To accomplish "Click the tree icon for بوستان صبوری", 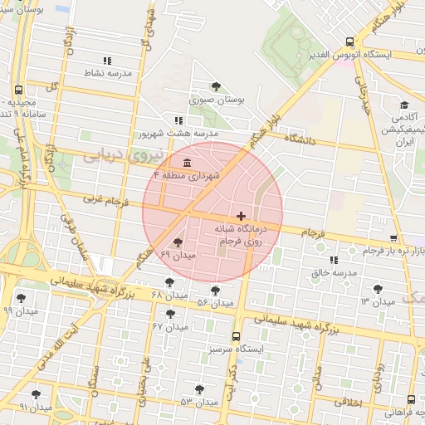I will (216, 86).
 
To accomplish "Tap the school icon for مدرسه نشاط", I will (106, 61).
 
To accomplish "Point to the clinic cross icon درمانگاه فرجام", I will (242, 216).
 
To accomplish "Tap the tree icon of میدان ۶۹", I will (178, 242).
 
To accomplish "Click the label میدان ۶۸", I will (171, 296).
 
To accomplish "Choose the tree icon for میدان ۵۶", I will (216, 291).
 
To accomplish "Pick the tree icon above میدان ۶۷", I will (170, 314).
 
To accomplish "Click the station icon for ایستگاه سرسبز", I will (237, 336).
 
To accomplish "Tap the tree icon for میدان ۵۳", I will (198, 388).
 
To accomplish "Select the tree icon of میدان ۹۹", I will (22, 297).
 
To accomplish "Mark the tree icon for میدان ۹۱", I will (36, 394).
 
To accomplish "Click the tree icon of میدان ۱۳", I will (379, 288).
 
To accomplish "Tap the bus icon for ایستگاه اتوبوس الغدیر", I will (350, 41).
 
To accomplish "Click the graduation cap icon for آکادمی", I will (404, 105).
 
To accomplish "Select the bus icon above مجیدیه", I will (18, 90).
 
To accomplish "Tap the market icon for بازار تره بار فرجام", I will (369, 250).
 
